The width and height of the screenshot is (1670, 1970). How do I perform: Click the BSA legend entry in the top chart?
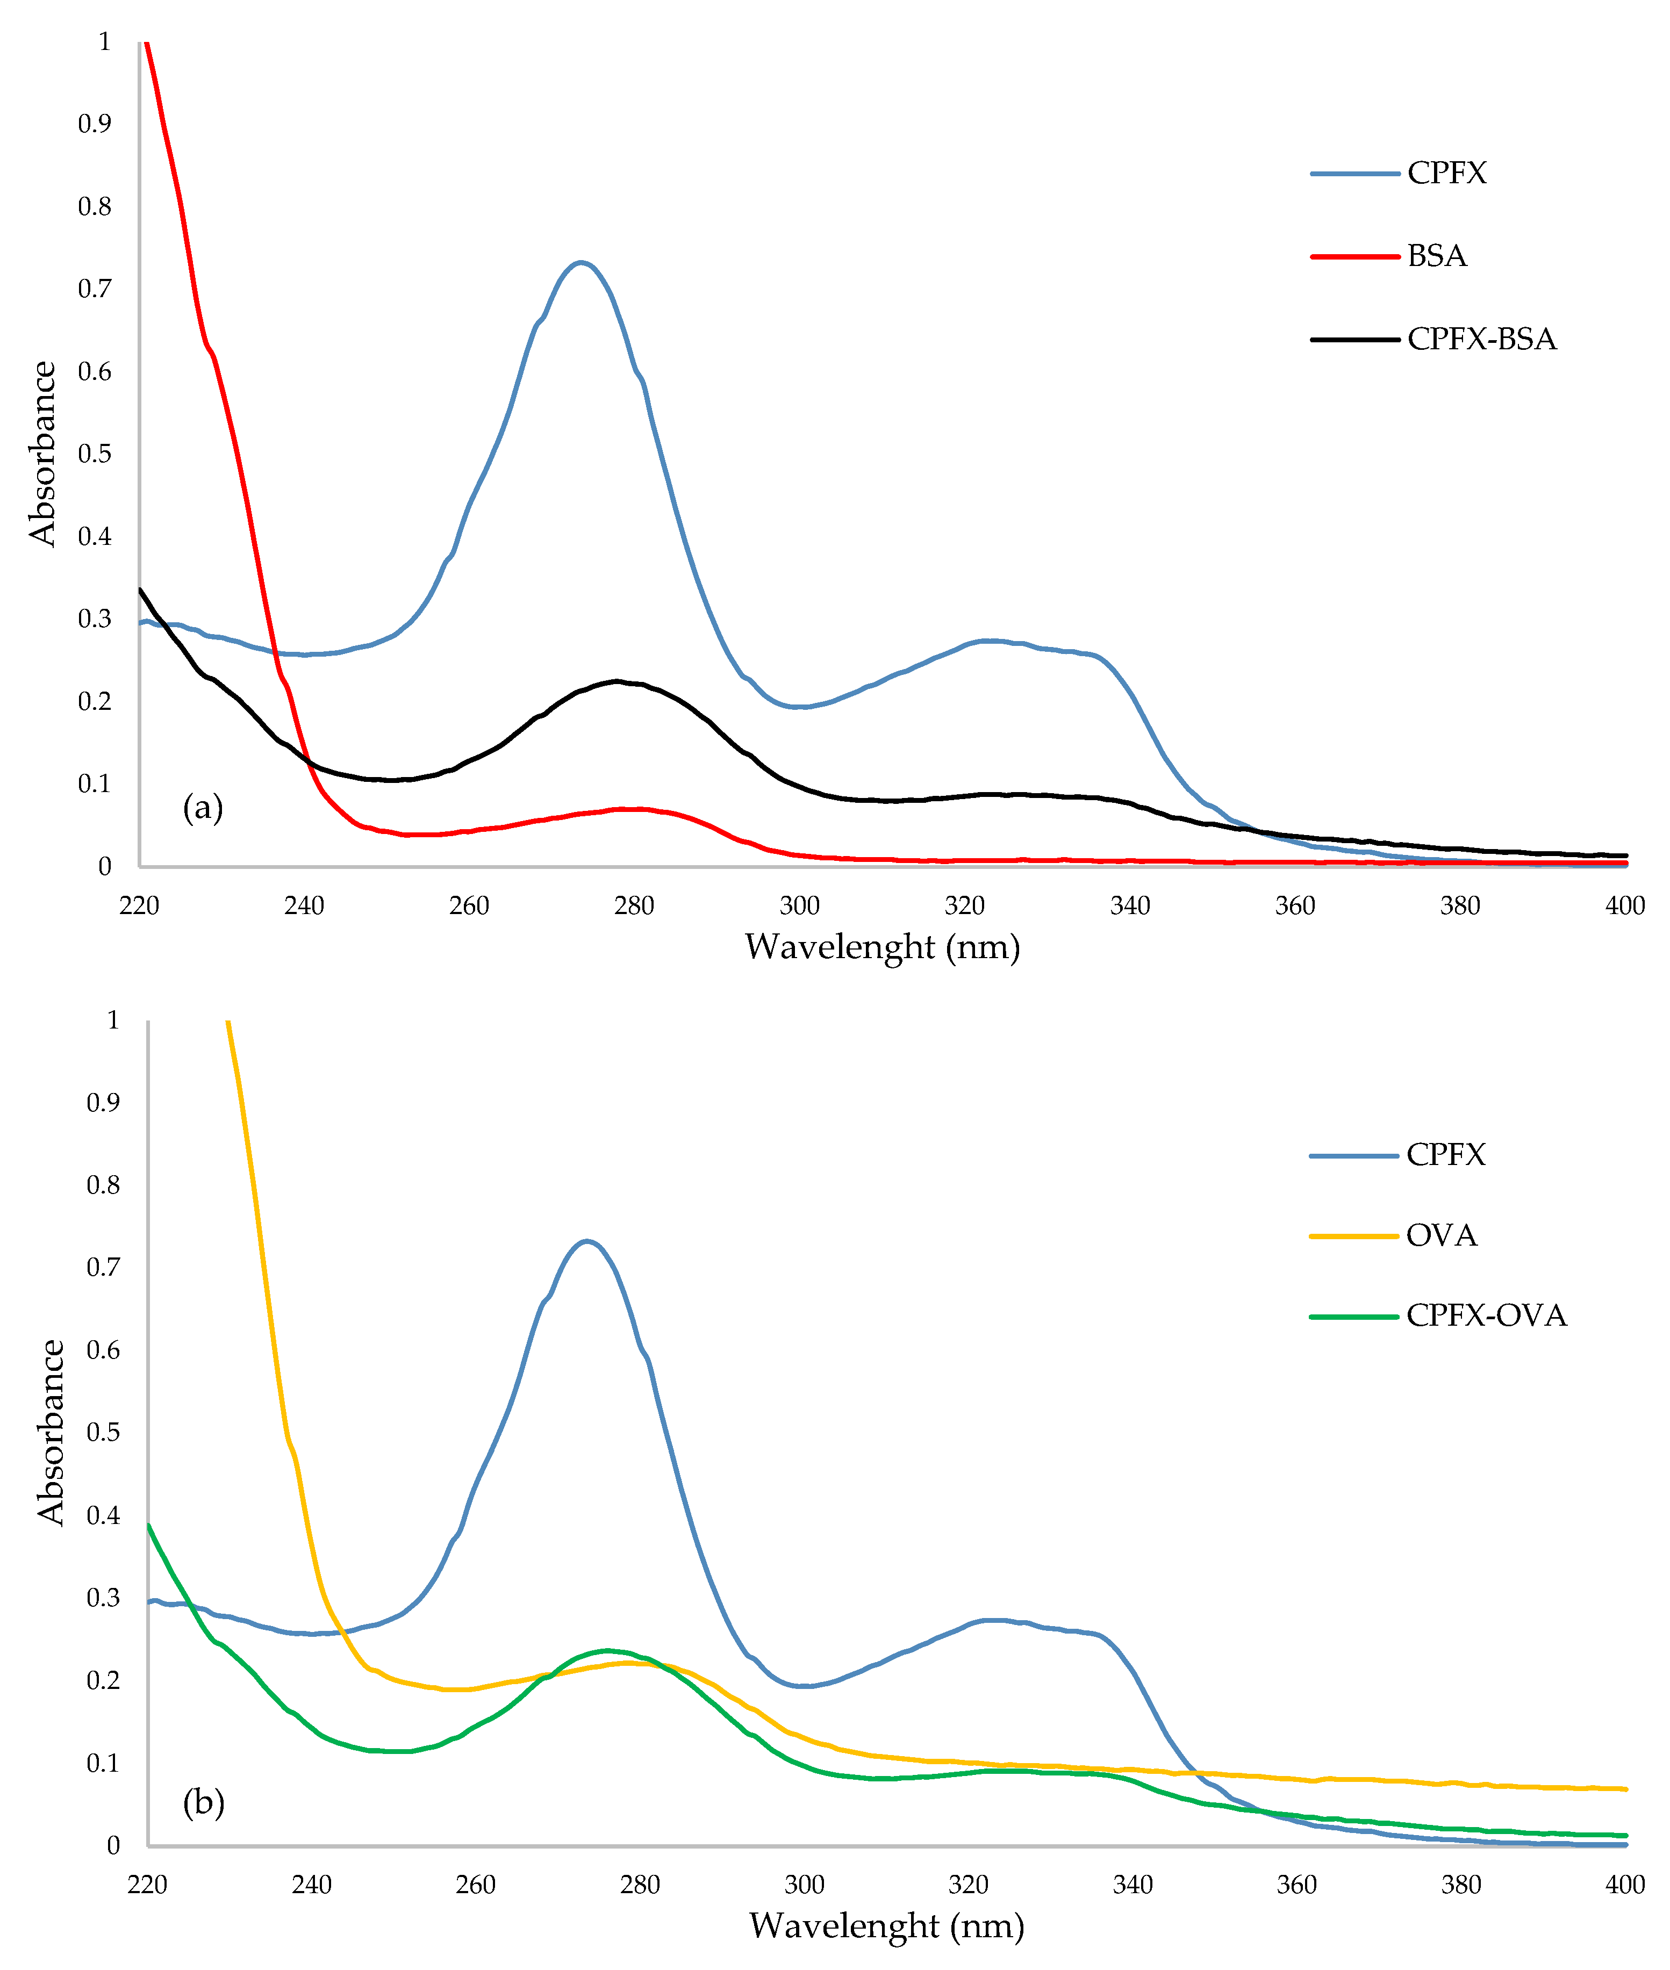pyautogui.click(x=1436, y=256)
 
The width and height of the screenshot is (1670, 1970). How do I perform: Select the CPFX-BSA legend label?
pyautogui.click(x=1481, y=339)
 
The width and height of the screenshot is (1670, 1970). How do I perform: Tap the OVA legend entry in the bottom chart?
pyautogui.click(x=1441, y=1235)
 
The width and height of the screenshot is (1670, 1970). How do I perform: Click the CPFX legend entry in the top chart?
pyautogui.click(x=1446, y=173)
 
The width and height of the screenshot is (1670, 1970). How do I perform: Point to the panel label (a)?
pyautogui.click(x=203, y=808)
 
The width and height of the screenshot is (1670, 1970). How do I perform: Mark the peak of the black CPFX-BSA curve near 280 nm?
pyautogui.click(x=617, y=681)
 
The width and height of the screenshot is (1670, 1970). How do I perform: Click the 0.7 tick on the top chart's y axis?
pyautogui.click(x=95, y=289)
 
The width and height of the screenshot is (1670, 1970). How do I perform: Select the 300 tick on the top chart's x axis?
pyautogui.click(x=799, y=906)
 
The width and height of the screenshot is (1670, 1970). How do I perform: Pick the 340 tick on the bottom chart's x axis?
pyautogui.click(x=1133, y=1885)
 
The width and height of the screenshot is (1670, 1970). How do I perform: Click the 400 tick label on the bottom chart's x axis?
pyautogui.click(x=1624, y=1885)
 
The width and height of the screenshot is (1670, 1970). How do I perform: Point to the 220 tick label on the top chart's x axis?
pyautogui.click(x=139, y=906)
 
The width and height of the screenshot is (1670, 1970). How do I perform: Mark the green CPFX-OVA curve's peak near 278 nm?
pyautogui.click(x=606, y=1650)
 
